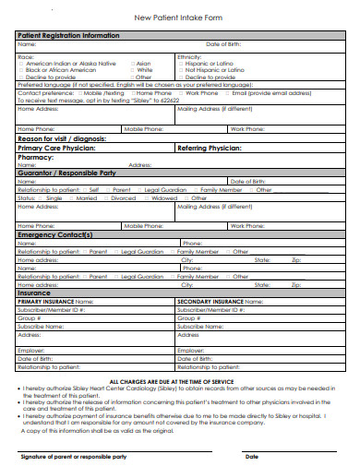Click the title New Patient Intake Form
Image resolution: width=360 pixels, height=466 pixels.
coord(180,18)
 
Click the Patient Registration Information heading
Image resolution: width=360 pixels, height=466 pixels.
coord(68,35)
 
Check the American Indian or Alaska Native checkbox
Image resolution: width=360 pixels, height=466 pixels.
coord(21,63)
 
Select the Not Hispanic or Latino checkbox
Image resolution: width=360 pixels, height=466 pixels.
coord(181,69)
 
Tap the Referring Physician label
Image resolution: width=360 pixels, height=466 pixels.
coord(209,148)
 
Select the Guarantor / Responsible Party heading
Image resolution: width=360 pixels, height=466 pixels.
coord(66,173)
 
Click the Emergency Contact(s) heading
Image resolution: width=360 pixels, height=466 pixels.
coord(55,234)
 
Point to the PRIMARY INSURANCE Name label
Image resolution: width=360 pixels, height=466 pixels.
coord(55,301)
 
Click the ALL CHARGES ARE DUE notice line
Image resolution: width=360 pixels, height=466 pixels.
coord(179,381)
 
